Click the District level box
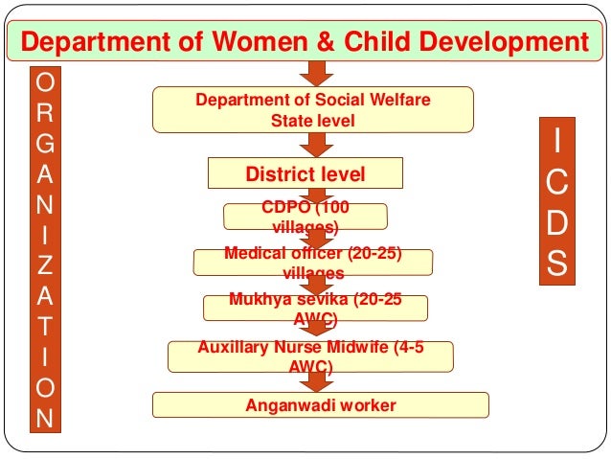tap(305, 174)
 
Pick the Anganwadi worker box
tap(321, 404)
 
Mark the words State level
tap(312, 121)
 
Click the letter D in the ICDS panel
tap(556, 221)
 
